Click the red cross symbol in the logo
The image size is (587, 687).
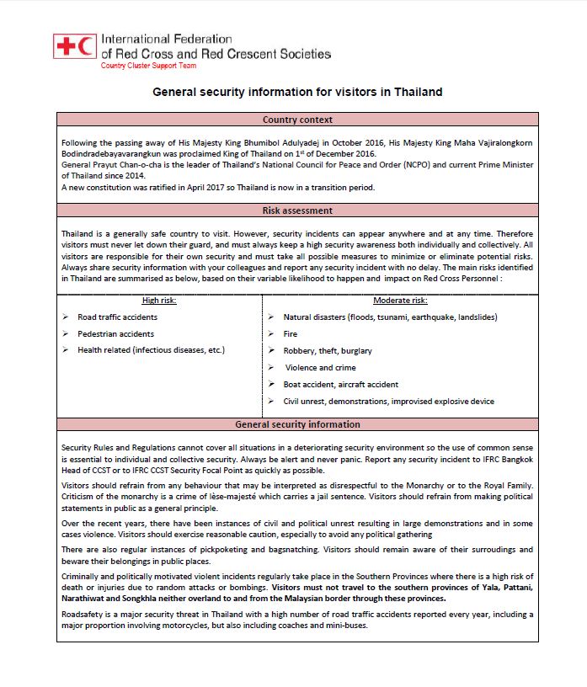point(65,46)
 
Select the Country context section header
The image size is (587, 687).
point(297,120)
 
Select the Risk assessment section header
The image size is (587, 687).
point(297,210)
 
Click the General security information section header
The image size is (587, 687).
point(297,424)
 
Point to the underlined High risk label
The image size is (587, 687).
point(160,300)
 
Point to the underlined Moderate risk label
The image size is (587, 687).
point(400,300)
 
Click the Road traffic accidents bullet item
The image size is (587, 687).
point(117,317)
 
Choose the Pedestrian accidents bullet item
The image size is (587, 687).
point(115,333)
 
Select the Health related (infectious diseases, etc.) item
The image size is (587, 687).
point(151,350)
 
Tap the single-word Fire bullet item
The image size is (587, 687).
point(291,333)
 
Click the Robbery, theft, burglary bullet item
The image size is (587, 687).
point(328,350)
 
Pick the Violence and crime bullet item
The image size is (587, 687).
point(321,367)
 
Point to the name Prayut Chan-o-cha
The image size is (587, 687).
point(125,165)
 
